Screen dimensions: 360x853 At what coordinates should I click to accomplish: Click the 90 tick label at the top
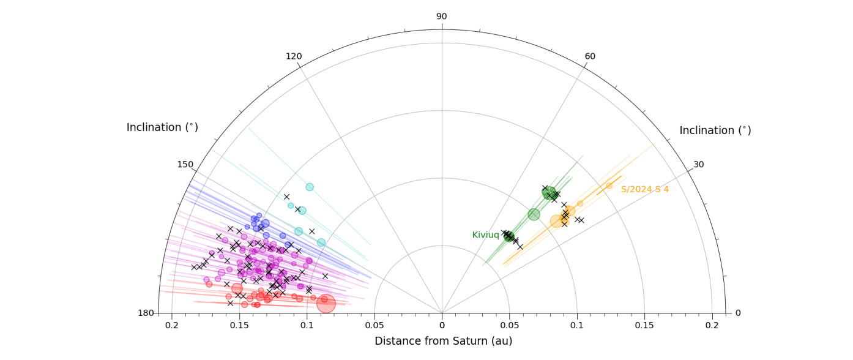tap(441, 17)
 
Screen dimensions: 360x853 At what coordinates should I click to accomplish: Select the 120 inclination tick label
tap(294, 56)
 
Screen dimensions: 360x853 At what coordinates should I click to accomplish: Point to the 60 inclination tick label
tap(590, 56)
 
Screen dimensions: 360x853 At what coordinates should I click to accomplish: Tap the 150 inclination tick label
tap(185, 164)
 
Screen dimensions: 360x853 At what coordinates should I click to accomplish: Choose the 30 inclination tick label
tap(699, 164)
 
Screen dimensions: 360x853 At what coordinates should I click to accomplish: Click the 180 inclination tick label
tap(146, 313)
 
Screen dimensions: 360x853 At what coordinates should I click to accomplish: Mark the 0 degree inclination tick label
tap(737, 313)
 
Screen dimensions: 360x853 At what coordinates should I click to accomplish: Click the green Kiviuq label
tap(486, 235)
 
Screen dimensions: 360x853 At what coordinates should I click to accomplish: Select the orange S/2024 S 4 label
tap(645, 190)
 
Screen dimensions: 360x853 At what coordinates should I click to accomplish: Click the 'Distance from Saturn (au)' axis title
tap(443, 341)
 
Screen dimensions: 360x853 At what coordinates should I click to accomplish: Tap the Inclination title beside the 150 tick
tap(162, 127)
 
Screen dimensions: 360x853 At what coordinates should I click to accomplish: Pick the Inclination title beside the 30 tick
tap(715, 130)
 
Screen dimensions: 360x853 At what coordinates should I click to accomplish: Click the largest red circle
tap(326, 303)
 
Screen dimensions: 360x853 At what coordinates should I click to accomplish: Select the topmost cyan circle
tap(310, 187)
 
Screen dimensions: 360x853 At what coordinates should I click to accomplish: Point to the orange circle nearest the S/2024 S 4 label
tap(609, 186)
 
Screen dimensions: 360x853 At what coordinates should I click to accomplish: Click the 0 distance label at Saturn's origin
tap(442, 325)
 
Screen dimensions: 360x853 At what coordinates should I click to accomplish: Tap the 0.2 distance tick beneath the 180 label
tap(172, 325)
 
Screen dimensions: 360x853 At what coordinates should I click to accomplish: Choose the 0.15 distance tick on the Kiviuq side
tap(644, 325)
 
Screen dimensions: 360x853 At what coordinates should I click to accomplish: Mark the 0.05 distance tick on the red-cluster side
tap(374, 325)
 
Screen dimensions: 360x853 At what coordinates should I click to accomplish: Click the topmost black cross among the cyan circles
tap(286, 197)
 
